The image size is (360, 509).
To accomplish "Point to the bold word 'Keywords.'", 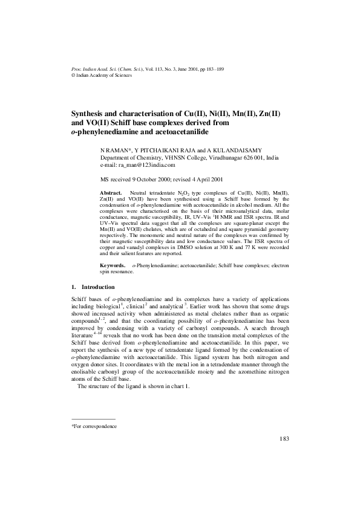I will [x=113, y=265].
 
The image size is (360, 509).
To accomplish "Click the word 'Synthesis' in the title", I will [x=91, y=113].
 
